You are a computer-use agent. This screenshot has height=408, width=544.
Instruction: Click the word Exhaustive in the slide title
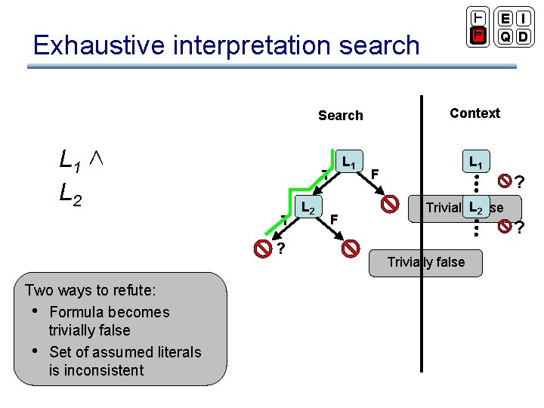98,45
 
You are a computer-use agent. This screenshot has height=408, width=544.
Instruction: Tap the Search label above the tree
340,116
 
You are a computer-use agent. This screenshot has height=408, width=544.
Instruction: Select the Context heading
474,113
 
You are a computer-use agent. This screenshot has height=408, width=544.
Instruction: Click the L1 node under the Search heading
348,162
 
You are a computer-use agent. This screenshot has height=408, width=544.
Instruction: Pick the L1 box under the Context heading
475,162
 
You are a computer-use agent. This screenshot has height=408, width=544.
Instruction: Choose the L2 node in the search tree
308,208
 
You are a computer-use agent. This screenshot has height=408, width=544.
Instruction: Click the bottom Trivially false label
425,262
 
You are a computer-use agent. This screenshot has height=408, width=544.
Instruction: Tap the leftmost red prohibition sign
262,248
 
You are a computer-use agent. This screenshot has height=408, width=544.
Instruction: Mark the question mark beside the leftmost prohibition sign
280,250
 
